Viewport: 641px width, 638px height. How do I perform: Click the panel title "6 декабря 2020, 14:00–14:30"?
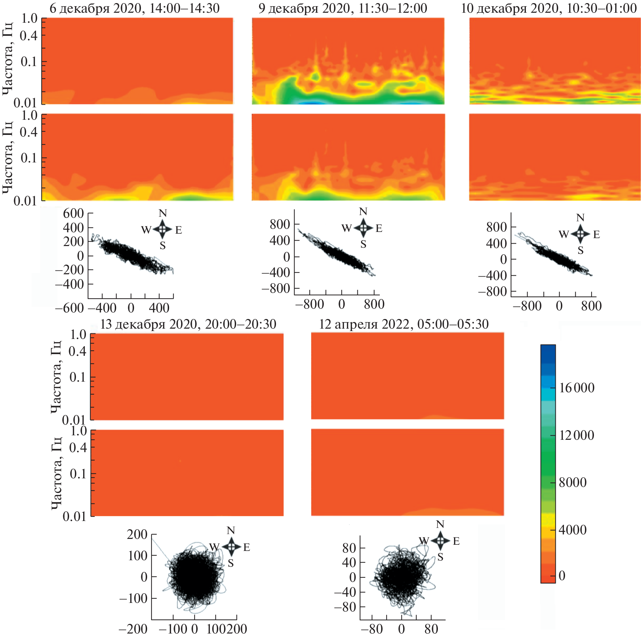click(x=134, y=8)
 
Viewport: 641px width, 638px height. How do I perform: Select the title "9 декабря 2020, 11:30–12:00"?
click(x=343, y=8)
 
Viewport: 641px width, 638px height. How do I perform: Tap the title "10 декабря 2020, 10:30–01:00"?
click(x=549, y=8)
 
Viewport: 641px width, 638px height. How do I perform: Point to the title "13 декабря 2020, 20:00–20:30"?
click(x=188, y=324)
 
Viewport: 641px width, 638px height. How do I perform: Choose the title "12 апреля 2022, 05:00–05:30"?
click(x=404, y=324)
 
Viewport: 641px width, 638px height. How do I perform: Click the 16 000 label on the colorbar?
click(x=576, y=388)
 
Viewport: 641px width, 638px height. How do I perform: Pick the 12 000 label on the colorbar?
click(x=576, y=435)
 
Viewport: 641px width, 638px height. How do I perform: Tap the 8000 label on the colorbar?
click(x=573, y=482)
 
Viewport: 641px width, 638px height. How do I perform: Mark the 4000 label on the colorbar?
click(x=573, y=530)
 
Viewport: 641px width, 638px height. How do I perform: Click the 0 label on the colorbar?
click(x=562, y=576)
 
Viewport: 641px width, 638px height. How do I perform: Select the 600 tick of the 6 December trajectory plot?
click(x=73, y=213)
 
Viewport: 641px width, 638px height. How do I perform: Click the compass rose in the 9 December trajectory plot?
click(x=363, y=228)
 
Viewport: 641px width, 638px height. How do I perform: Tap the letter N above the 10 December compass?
click(x=580, y=218)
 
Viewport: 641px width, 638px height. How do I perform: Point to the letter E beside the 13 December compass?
click(x=246, y=547)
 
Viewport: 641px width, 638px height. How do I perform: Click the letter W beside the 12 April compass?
click(x=424, y=541)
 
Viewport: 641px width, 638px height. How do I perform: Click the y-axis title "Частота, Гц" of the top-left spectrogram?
click(x=8, y=59)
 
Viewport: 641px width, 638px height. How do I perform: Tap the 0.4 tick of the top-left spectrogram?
click(x=29, y=35)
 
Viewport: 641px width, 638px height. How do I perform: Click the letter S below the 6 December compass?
click(x=163, y=246)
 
